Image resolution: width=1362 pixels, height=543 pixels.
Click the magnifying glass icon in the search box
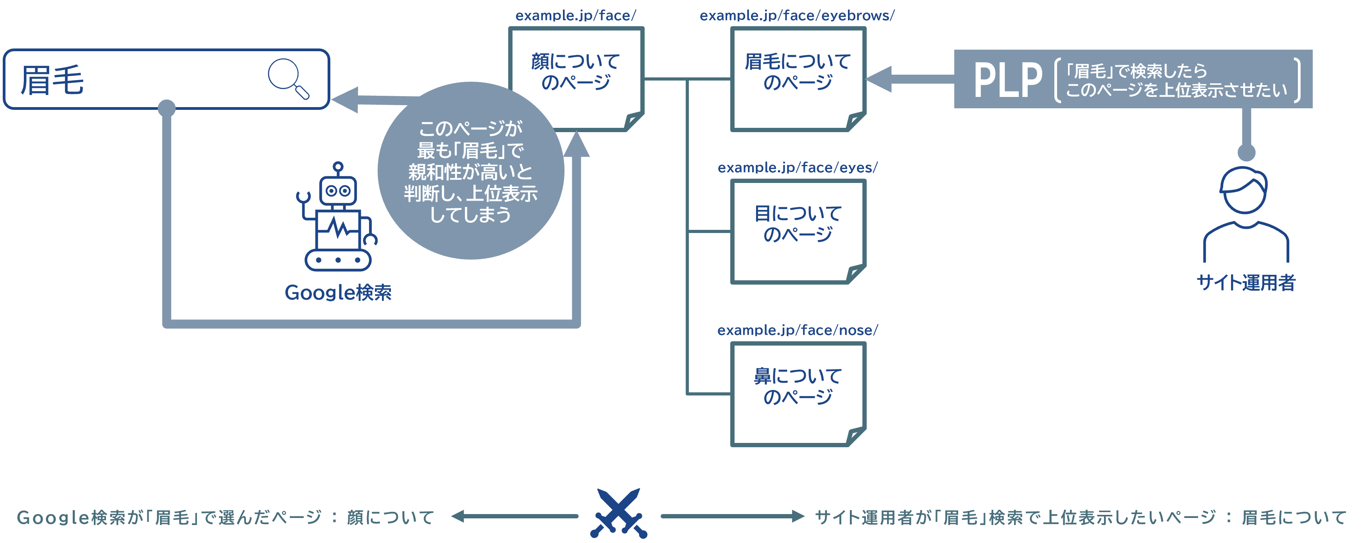click(x=288, y=78)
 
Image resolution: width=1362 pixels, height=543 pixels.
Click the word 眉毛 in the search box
click(x=52, y=81)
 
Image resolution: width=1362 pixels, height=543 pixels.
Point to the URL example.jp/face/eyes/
click(x=797, y=168)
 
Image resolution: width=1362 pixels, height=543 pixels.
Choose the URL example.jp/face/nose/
click(x=797, y=330)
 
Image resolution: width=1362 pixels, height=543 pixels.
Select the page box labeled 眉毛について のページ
click(x=798, y=79)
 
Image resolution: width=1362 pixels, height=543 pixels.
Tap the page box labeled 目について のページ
click(x=798, y=231)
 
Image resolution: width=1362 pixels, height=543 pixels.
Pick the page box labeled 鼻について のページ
click(x=798, y=394)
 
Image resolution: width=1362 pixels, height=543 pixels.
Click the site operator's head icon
click(x=1245, y=190)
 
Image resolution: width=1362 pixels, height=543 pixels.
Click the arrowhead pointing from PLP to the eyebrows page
click(x=879, y=79)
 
